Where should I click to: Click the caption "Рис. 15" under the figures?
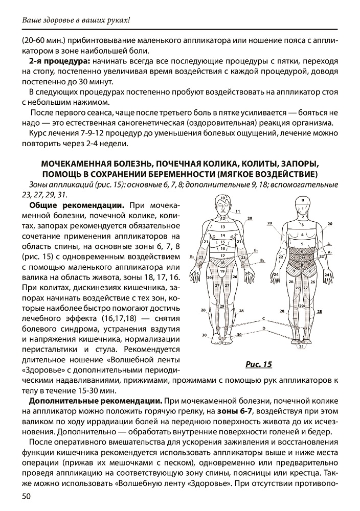point(259,364)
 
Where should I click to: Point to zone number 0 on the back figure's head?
point(302,200)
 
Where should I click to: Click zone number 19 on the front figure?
point(222,271)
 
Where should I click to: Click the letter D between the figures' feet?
point(264,327)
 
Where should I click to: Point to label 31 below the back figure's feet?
point(302,347)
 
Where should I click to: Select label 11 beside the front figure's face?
point(238,211)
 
